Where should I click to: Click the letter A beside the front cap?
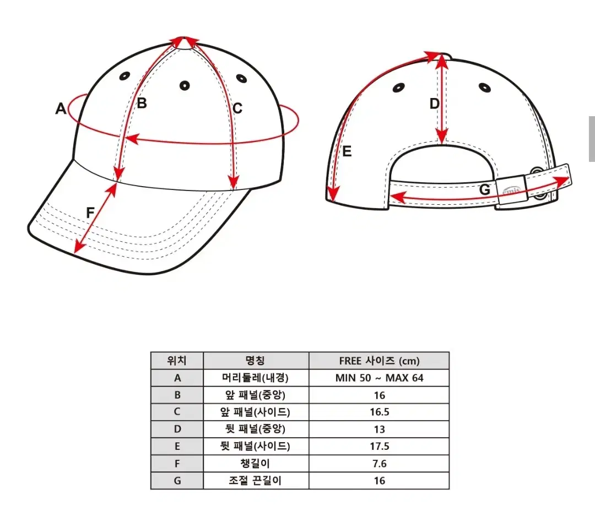point(61,108)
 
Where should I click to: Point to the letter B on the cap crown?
point(142,103)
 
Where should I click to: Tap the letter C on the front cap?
point(237,108)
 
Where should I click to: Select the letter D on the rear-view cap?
point(435,104)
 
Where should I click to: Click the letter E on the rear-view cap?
point(347,151)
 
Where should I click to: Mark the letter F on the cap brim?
point(90,213)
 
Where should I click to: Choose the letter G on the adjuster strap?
point(485,189)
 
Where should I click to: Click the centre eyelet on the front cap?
point(185,86)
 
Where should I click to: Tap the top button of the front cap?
point(184,43)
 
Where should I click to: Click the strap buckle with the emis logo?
point(511,192)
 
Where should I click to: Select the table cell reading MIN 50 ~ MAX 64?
point(379,378)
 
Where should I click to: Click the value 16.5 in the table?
point(380,412)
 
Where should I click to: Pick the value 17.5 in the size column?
point(380,446)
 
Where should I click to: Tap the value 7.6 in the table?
point(380,464)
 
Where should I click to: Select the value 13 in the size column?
point(380,429)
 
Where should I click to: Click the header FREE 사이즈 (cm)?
point(379,361)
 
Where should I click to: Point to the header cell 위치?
point(177,360)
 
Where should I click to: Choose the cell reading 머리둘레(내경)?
point(256,378)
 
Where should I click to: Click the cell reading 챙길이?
point(255,463)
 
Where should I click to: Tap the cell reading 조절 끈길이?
point(255,481)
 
